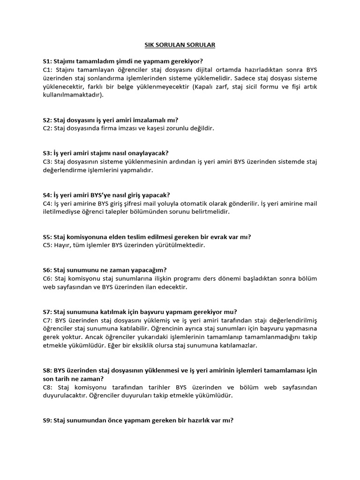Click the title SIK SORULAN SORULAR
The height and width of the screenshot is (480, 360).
click(x=180, y=45)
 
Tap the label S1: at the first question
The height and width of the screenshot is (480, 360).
click(x=47, y=61)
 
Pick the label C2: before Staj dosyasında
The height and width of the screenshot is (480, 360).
click(x=47, y=128)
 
